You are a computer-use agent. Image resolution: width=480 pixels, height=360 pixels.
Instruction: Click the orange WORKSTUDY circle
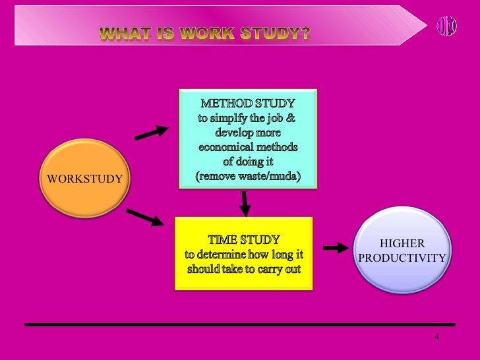coord(84,178)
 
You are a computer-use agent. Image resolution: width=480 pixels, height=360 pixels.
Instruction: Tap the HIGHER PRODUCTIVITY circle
coord(402,250)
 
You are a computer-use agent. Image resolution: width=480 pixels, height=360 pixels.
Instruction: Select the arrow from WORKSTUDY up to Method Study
coord(151,133)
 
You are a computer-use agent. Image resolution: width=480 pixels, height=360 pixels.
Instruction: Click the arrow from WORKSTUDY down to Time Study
coord(144,217)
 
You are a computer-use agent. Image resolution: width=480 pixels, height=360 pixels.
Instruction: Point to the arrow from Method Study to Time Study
coord(245,204)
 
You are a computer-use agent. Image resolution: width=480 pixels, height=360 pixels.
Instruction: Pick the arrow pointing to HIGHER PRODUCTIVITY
coord(335,248)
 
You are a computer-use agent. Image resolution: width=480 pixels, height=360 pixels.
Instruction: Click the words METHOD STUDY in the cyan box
coord(247,104)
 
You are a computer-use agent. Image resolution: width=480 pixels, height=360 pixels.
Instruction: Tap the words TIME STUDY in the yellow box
coord(243,240)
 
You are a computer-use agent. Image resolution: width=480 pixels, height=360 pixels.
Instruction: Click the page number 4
coord(436,338)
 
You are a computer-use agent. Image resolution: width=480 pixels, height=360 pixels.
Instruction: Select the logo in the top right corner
coord(446,25)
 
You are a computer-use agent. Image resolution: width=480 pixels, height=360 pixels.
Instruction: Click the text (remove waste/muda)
coord(247,176)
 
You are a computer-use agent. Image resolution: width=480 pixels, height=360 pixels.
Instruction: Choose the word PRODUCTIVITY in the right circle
coord(402,258)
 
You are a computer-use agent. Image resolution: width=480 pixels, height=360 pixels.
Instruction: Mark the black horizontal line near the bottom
coord(240,324)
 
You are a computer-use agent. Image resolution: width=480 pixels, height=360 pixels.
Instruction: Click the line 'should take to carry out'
coord(243,269)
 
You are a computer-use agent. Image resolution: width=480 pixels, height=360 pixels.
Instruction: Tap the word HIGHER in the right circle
coord(402,243)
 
